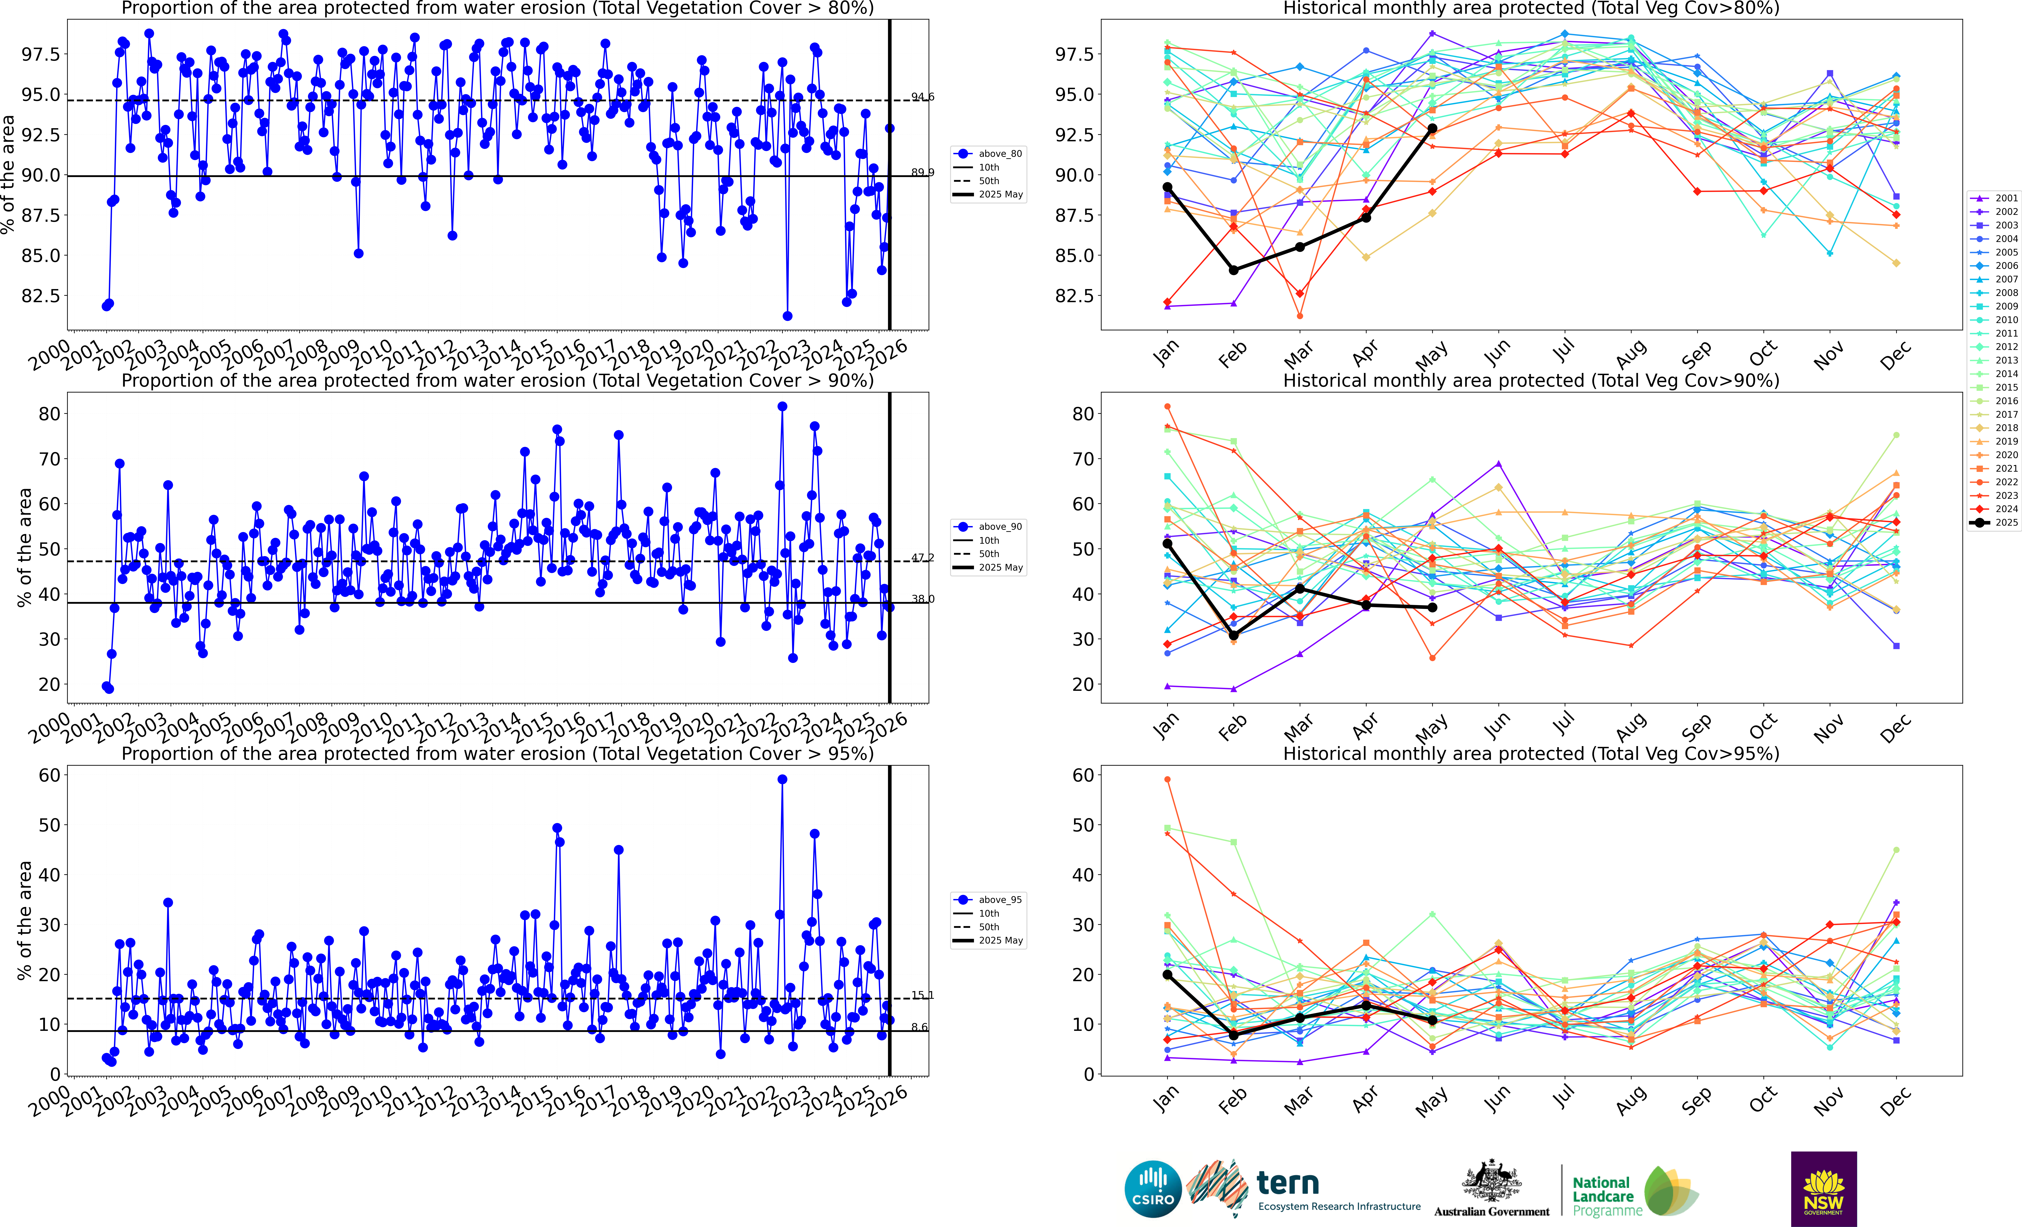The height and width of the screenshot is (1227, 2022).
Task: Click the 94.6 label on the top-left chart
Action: [922, 97]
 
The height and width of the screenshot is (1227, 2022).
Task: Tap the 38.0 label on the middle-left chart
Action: [922, 599]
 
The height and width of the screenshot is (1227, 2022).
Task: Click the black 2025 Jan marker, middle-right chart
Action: [1167, 543]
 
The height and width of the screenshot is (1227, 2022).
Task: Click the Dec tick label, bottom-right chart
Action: [1895, 1100]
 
